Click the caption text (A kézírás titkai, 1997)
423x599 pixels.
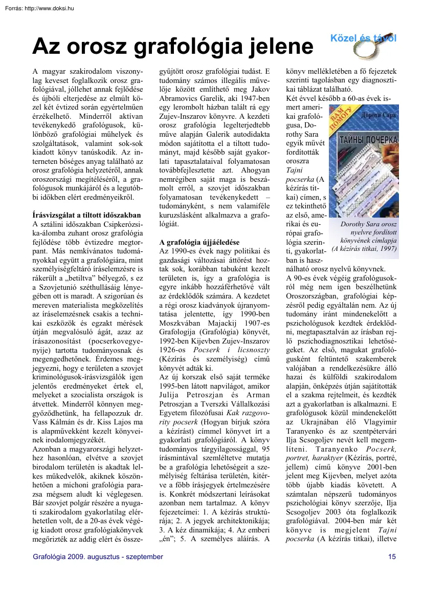(364, 249)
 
